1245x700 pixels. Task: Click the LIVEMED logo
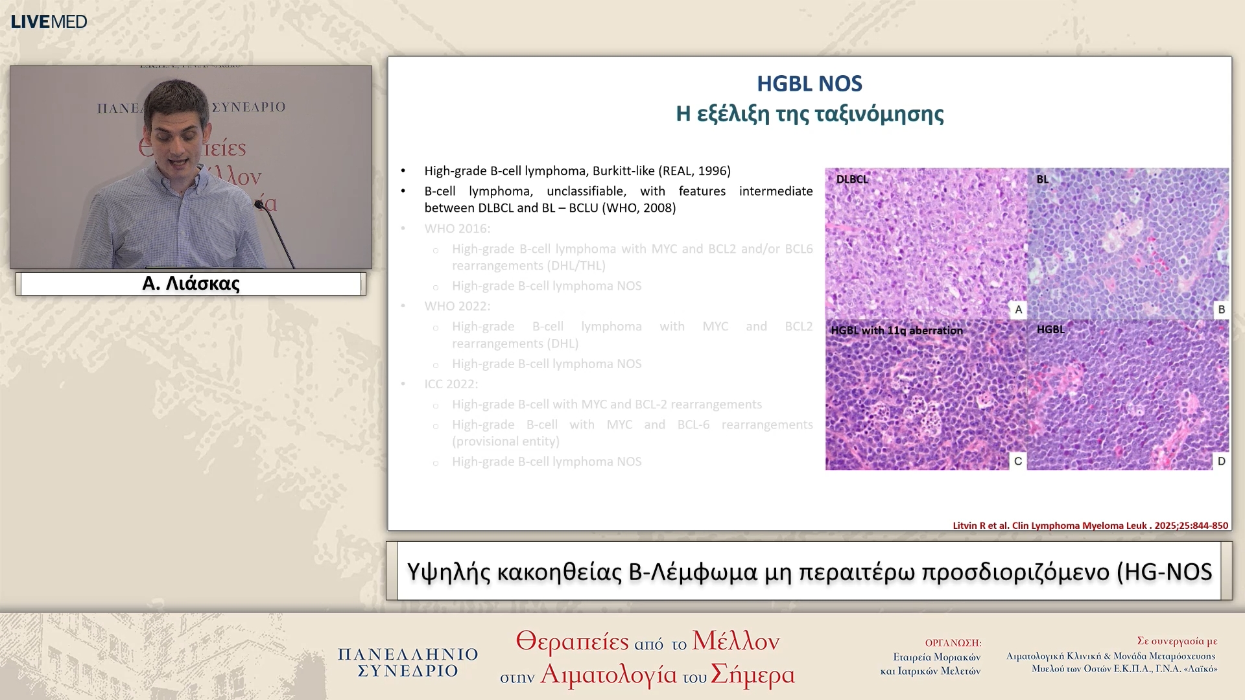[x=49, y=21]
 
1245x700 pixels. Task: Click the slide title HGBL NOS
[x=809, y=84]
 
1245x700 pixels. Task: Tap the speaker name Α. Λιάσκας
[x=191, y=284]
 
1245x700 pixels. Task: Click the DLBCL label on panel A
[x=851, y=180]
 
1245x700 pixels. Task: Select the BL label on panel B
[x=1042, y=180]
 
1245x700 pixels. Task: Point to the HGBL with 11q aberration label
[x=896, y=331]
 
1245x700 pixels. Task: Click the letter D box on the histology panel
[x=1221, y=461]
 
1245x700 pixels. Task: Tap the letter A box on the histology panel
[x=1018, y=310]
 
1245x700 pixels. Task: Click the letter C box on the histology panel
[x=1017, y=461]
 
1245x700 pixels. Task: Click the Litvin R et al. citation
[x=1090, y=526]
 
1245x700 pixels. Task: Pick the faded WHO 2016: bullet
[x=457, y=229]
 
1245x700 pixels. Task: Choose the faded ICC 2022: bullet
[x=451, y=384]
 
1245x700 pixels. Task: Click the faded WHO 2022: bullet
[x=457, y=306]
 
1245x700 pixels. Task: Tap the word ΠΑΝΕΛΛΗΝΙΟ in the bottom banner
[x=408, y=654]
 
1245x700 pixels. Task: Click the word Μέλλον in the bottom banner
[x=735, y=641]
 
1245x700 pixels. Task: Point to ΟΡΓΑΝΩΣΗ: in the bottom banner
[x=953, y=643]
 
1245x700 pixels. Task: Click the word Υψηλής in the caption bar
[x=448, y=572]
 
